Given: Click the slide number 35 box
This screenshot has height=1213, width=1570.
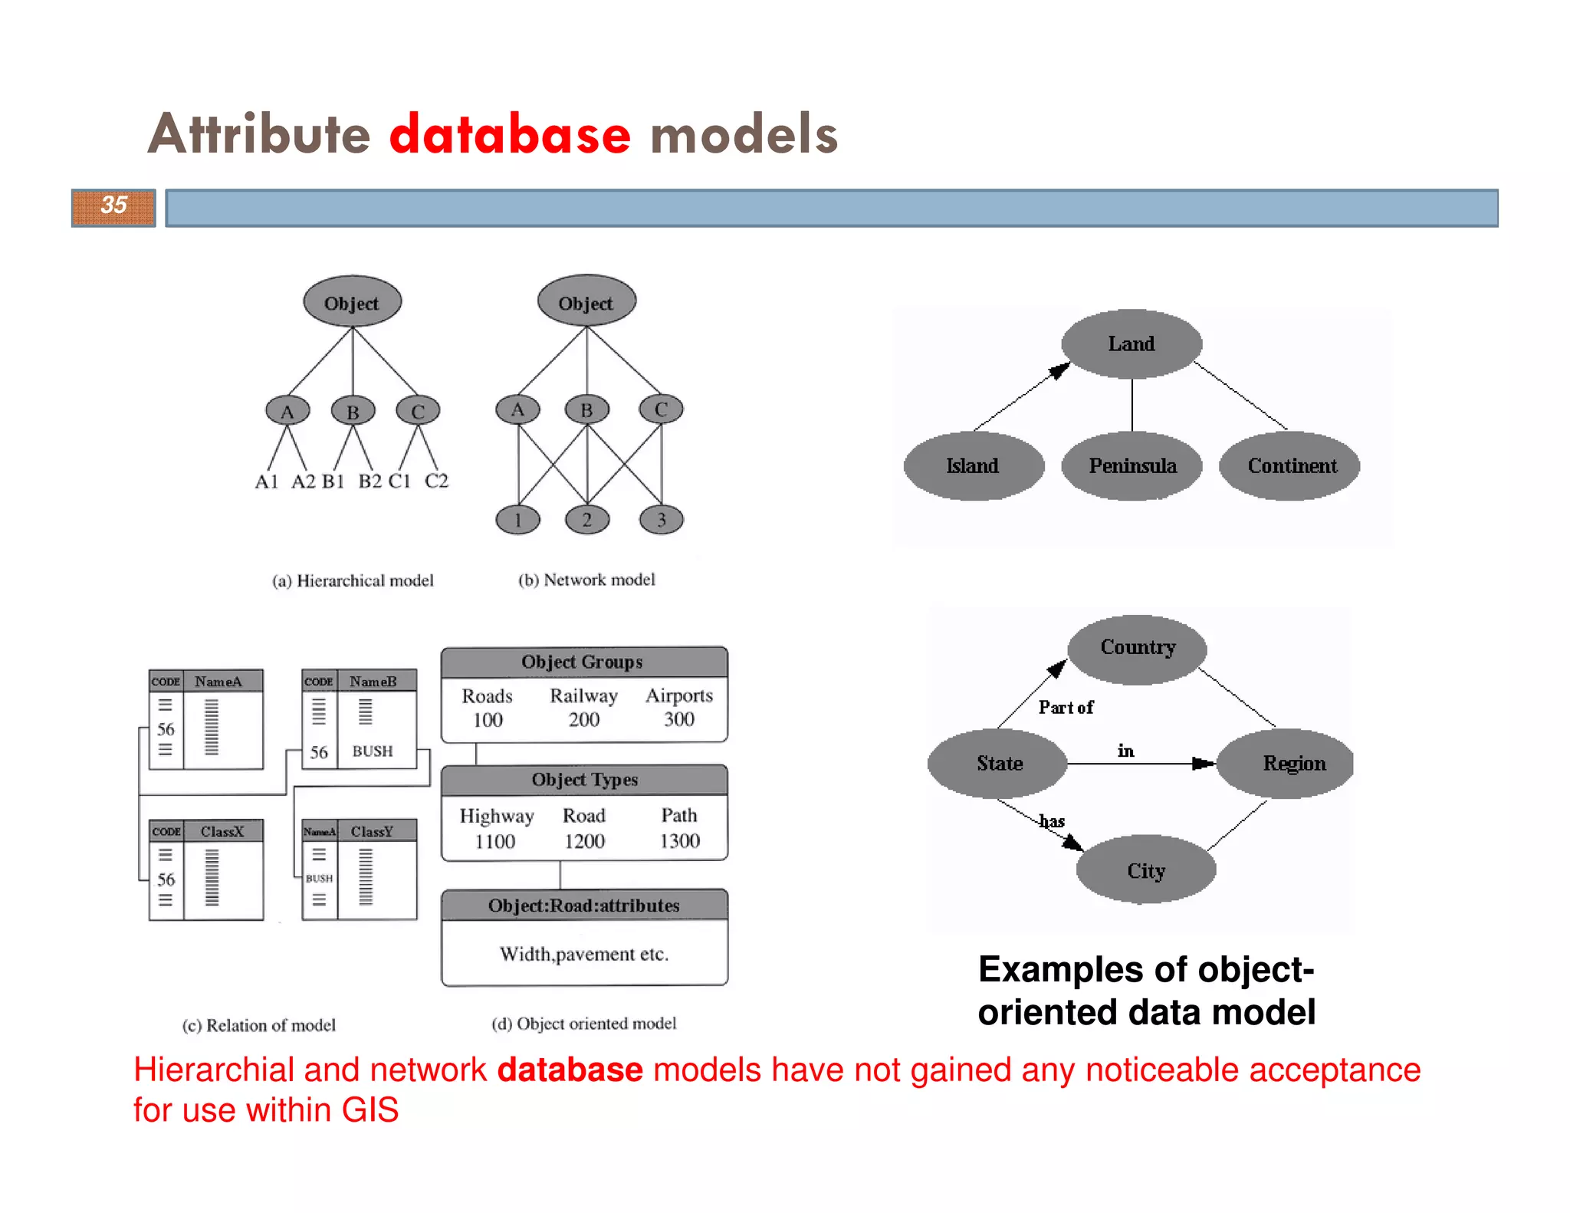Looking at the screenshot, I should click(x=113, y=207).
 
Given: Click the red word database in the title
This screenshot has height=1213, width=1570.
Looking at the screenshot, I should click(x=510, y=134).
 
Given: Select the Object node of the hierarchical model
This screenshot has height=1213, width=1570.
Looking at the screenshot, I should click(x=352, y=302).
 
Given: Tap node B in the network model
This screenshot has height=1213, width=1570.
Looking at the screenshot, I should click(x=586, y=410).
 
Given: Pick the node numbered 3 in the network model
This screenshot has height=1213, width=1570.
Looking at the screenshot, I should click(x=661, y=520).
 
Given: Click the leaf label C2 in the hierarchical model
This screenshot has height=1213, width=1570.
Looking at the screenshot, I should click(x=436, y=482).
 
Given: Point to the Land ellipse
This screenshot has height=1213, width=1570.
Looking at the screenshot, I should click(x=1131, y=344).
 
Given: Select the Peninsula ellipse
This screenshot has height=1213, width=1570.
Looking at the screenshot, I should click(x=1132, y=466).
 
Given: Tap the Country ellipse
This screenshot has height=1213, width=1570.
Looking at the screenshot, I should click(x=1137, y=648).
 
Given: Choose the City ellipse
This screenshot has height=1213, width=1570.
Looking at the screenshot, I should click(x=1145, y=871).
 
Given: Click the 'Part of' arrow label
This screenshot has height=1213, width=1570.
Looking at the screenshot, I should click(x=1066, y=707).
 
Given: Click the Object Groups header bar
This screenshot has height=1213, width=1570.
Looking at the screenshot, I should click(x=583, y=662).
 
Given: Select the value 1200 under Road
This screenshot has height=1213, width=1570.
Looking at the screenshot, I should click(x=584, y=841).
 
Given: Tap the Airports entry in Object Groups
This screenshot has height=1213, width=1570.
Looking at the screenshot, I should click(x=678, y=695).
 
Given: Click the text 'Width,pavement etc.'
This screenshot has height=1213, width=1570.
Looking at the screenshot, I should click(x=584, y=954).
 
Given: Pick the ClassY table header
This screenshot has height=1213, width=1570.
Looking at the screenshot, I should click(x=373, y=831).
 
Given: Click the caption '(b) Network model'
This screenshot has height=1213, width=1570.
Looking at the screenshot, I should click(x=586, y=580).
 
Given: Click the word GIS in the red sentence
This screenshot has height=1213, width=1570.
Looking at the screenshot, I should click(x=370, y=1110).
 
